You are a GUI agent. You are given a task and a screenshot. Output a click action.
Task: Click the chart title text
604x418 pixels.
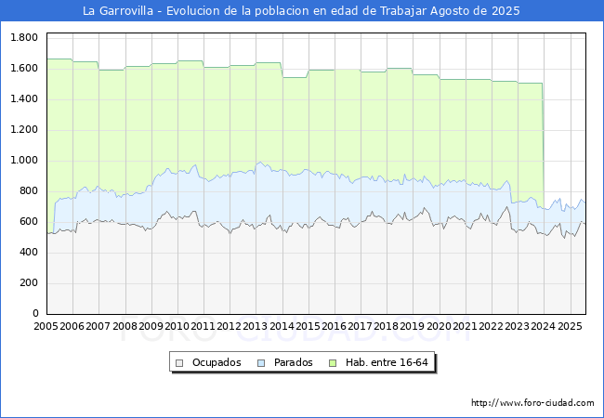301,11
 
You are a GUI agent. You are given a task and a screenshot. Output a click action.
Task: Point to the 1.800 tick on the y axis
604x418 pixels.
24,37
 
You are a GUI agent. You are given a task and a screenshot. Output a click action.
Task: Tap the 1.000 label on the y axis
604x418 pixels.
24,160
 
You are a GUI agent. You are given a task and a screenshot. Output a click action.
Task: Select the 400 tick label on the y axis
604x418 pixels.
30,252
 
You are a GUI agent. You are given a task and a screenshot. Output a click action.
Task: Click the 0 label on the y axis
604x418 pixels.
35,313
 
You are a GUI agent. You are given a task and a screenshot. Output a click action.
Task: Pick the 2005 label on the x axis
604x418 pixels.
46,326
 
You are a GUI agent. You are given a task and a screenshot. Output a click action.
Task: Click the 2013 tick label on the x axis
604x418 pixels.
255,326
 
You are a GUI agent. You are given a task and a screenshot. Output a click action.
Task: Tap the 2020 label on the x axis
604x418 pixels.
439,326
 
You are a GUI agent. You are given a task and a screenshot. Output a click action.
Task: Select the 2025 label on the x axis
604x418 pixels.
570,326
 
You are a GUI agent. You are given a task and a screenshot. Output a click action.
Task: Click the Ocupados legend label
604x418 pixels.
217,362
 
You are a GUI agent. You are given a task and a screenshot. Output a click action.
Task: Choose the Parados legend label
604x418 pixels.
294,362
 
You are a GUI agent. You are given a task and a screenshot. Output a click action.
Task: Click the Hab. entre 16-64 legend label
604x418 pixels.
387,362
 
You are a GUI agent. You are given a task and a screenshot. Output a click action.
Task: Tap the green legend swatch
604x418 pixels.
333,363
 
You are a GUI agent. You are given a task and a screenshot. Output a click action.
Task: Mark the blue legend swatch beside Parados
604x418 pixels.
261,363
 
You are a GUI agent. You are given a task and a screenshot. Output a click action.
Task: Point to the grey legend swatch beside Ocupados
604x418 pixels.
179,363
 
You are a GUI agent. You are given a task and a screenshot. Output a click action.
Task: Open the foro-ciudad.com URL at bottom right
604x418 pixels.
532,403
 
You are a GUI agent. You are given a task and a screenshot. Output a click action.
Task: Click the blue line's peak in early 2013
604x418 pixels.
260,162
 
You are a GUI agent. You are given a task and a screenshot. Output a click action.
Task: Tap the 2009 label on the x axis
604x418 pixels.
151,326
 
